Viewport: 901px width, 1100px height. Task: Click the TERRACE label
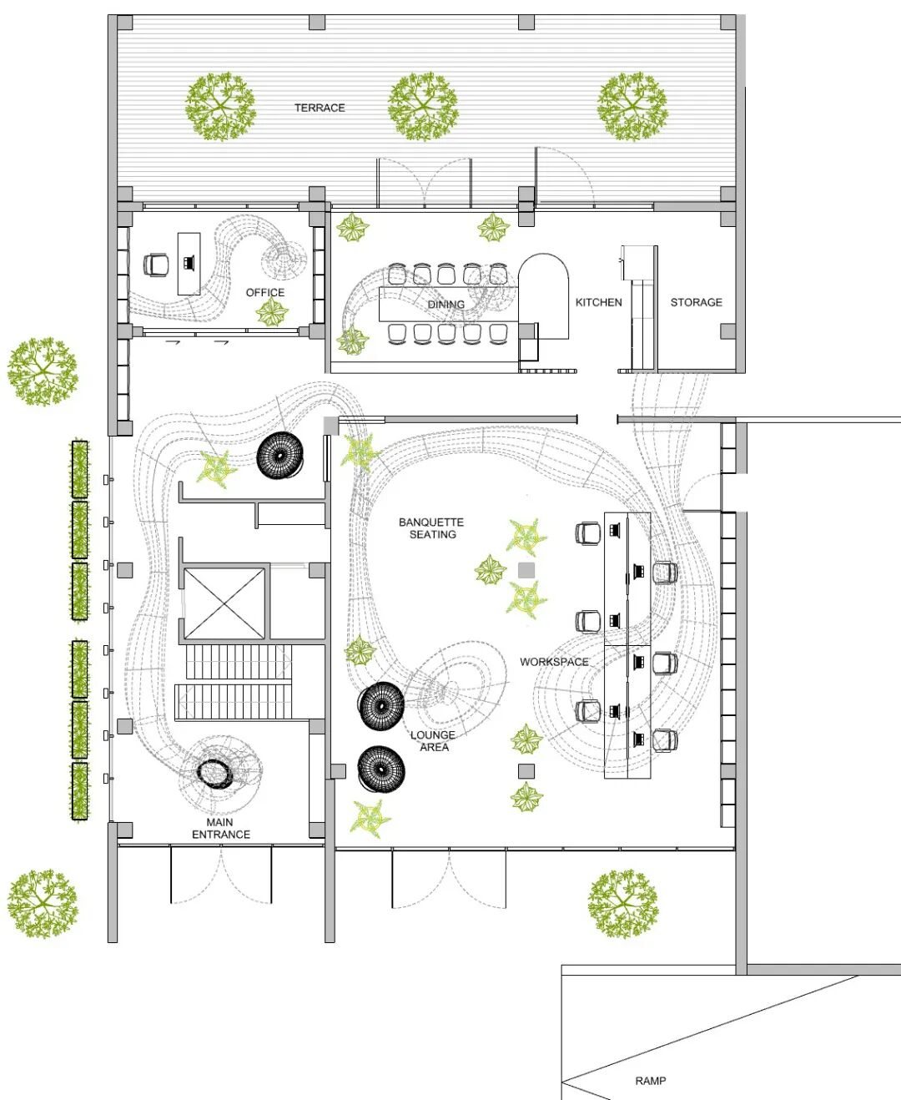(x=320, y=108)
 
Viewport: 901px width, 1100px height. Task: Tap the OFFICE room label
(x=265, y=293)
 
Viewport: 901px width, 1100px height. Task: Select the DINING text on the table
(x=445, y=305)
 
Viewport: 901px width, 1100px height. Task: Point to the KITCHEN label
(x=599, y=302)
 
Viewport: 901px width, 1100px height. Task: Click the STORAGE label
(x=696, y=302)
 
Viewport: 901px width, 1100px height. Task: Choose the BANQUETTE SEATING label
(x=431, y=528)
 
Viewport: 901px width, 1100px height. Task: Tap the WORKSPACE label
(x=554, y=662)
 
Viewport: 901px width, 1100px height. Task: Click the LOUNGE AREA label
(x=433, y=741)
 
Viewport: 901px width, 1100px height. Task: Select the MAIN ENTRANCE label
(x=220, y=828)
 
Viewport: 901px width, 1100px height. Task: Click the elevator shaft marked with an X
(x=224, y=603)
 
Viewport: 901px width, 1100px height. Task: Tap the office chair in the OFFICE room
(x=156, y=265)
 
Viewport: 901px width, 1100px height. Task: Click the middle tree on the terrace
(x=423, y=106)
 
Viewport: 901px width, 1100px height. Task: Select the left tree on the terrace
(x=220, y=106)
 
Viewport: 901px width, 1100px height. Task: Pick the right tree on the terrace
(x=632, y=106)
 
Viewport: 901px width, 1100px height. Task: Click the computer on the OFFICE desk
(x=189, y=262)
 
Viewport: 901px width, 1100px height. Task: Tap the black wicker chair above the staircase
(x=280, y=456)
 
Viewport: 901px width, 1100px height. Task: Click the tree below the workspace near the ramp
(x=622, y=905)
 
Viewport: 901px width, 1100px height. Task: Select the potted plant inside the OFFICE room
(x=272, y=312)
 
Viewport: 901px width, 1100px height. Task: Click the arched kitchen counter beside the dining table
(x=543, y=295)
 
